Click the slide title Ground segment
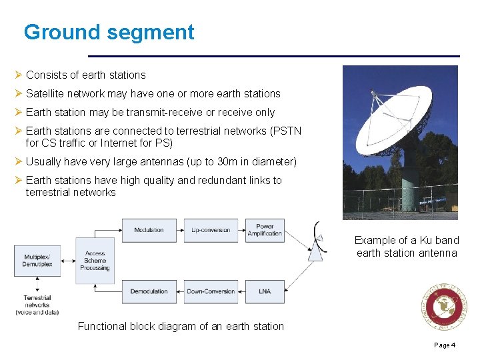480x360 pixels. [x=109, y=32]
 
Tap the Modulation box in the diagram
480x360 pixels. [x=149, y=230]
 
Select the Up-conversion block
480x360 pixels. [x=211, y=230]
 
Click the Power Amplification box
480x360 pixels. [x=265, y=230]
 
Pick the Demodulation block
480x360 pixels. [x=149, y=291]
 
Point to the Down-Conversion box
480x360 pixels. [x=211, y=291]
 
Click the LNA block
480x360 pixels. [x=265, y=291]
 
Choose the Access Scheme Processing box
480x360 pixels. [x=95, y=261]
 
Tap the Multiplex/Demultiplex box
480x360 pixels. [x=38, y=260]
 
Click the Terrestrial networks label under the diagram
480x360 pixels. [x=37, y=305]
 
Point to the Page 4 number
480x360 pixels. [x=445, y=345]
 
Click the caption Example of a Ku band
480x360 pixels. [x=407, y=240]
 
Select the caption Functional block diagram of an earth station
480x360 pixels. [x=181, y=326]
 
